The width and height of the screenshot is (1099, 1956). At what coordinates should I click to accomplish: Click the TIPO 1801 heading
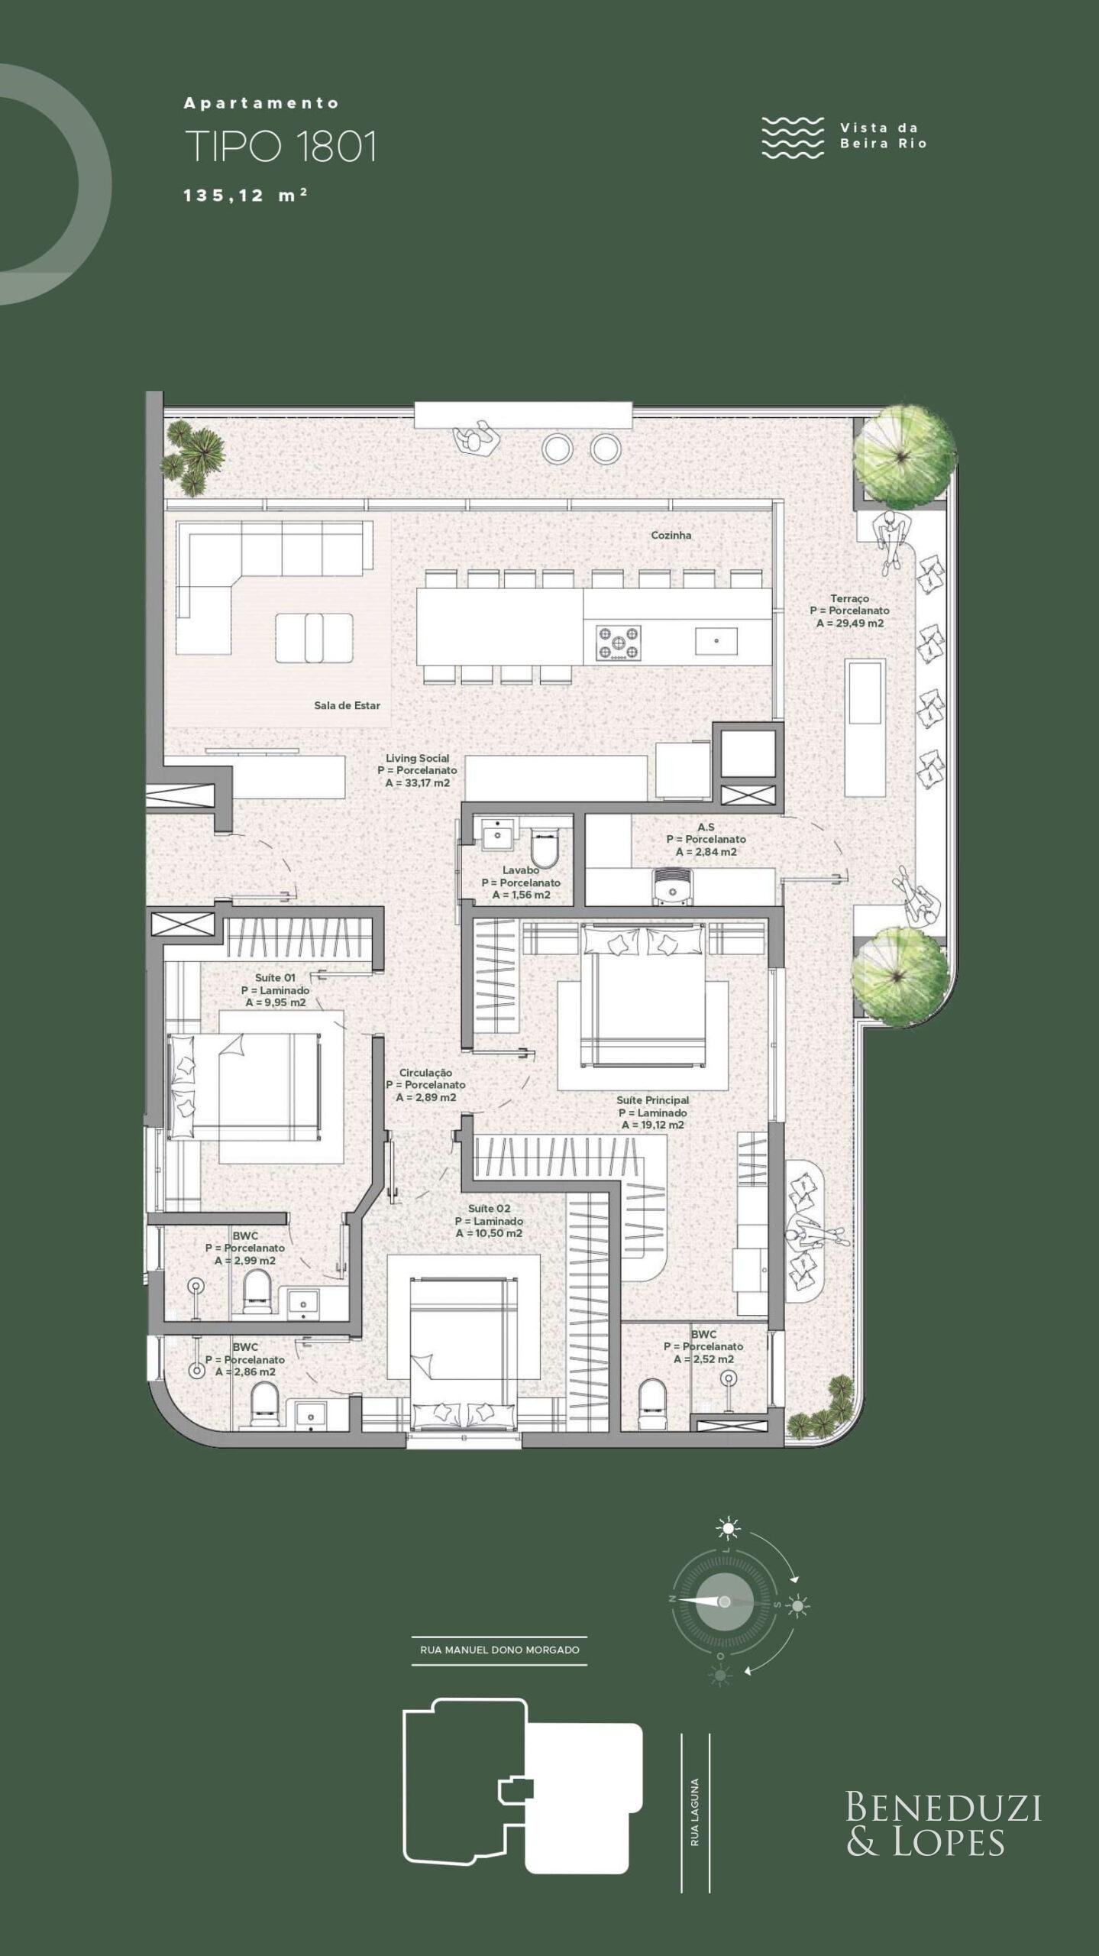(x=281, y=147)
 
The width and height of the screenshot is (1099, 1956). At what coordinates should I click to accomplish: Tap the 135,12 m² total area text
(x=245, y=196)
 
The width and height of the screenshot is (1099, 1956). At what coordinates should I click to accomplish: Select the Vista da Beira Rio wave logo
(x=793, y=138)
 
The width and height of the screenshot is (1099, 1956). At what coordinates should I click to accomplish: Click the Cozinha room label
(x=671, y=536)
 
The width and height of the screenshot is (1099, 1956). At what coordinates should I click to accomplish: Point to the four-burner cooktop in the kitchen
(x=619, y=643)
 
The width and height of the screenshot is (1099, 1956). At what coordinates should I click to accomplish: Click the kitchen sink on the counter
(x=716, y=641)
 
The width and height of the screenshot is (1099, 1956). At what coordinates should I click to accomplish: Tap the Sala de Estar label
(x=347, y=705)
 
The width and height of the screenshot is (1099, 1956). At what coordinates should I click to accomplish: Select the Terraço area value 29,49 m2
(x=850, y=623)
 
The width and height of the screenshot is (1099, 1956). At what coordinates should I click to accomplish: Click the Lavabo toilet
(x=545, y=845)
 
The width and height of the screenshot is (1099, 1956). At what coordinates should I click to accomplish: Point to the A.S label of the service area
(x=706, y=827)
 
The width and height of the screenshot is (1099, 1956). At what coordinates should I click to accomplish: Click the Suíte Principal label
(x=653, y=1100)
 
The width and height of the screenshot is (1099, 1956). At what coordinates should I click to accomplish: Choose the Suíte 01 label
(x=275, y=978)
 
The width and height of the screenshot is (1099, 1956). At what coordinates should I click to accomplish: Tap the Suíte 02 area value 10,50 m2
(x=490, y=1233)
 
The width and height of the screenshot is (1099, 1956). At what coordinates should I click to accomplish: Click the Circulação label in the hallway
(x=425, y=1073)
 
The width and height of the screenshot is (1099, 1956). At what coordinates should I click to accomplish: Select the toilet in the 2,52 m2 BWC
(x=651, y=1397)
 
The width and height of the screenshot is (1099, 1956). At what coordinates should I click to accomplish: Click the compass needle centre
(x=724, y=1601)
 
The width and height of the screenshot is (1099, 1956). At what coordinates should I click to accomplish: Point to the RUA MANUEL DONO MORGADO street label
(x=499, y=1650)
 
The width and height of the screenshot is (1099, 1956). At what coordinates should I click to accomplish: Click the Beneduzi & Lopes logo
(x=943, y=1825)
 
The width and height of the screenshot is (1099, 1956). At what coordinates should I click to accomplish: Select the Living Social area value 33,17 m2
(x=418, y=783)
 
